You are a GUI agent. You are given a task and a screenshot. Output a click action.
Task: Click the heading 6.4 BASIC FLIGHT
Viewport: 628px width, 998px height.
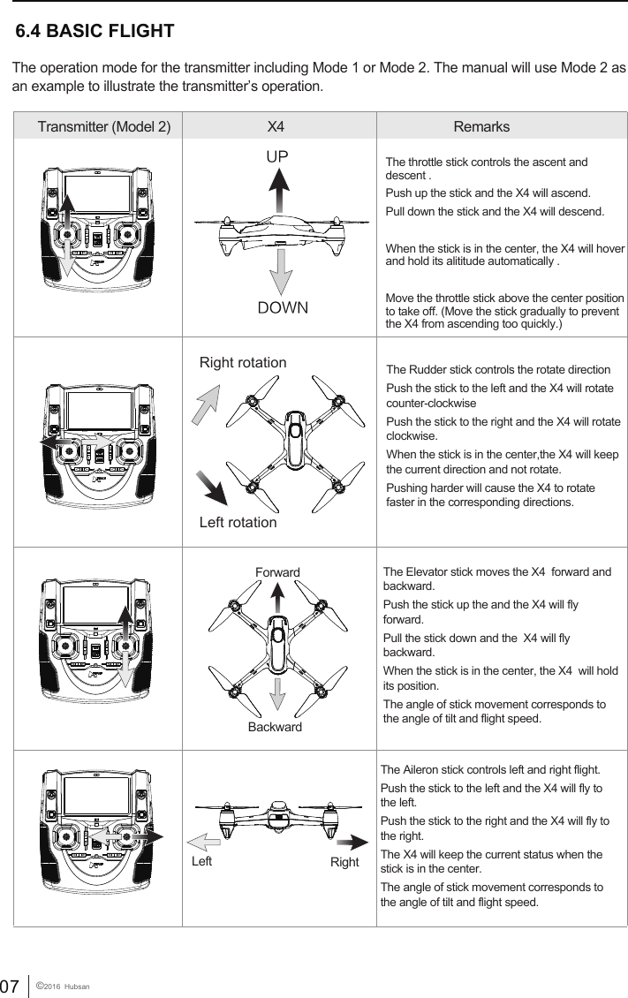[95, 32]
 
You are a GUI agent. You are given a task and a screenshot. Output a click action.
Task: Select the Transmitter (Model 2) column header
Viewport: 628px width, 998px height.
[105, 126]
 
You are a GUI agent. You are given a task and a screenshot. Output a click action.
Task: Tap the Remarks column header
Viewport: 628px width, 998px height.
[481, 126]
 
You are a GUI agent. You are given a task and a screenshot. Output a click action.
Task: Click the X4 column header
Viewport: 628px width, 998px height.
[276, 126]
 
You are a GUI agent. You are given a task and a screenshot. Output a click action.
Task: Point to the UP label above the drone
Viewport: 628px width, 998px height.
[278, 156]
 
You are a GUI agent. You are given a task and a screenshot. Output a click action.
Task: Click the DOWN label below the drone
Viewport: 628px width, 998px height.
[282, 308]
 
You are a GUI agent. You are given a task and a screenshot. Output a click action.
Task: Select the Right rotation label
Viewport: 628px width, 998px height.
[243, 363]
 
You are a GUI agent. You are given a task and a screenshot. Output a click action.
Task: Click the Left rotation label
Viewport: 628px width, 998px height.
[238, 522]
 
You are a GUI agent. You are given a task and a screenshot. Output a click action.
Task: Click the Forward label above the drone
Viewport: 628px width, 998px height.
[277, 572]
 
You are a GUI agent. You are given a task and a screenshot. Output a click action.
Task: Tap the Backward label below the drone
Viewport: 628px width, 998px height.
[275, 727]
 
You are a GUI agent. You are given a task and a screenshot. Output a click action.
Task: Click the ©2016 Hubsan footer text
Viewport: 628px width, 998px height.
[66, 985]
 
